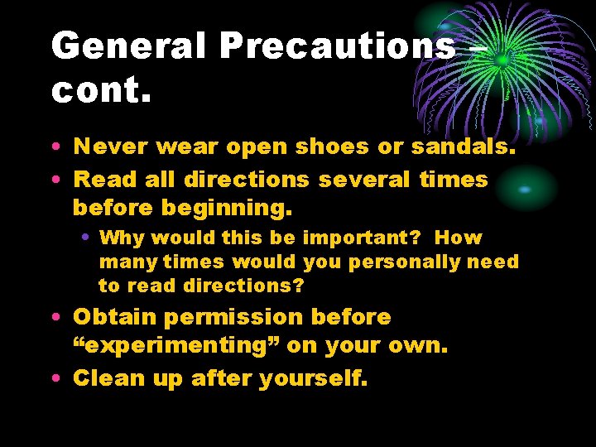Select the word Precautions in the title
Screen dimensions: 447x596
[x=338, y=47]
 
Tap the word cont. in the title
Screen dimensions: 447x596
[x=102, y=92]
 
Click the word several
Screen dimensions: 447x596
[x=358, y=180]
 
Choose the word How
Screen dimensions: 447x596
[x=459, y=238]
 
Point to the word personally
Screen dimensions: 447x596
[x=405, y=262]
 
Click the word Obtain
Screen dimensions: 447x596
[x=115, y=317]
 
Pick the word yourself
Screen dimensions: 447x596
[x=313, y=378]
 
